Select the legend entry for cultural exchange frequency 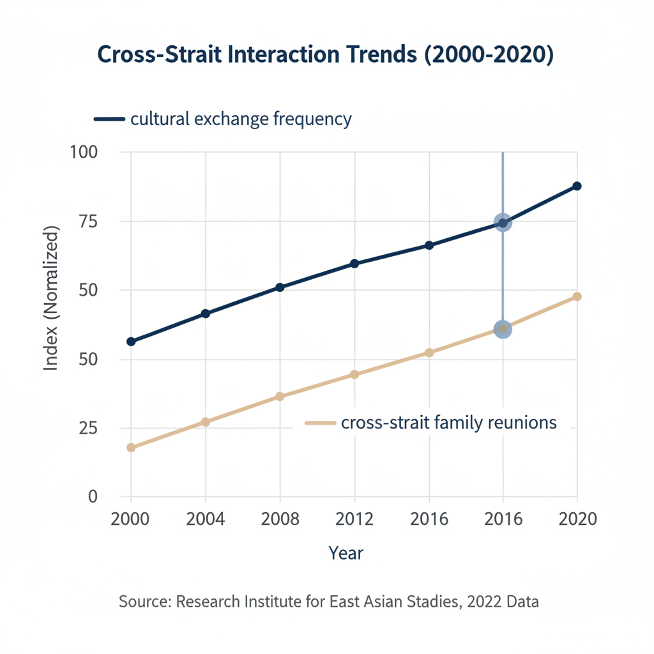240,119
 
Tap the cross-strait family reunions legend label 449,422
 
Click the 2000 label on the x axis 131,519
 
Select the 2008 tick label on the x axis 280,519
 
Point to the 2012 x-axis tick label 354,519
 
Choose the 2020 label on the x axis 577,519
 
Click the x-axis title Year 346,553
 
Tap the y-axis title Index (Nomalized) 51,298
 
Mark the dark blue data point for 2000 131,342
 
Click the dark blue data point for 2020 577,186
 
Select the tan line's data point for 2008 280,397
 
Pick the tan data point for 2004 206,422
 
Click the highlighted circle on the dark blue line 503,223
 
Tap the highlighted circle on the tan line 503,329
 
